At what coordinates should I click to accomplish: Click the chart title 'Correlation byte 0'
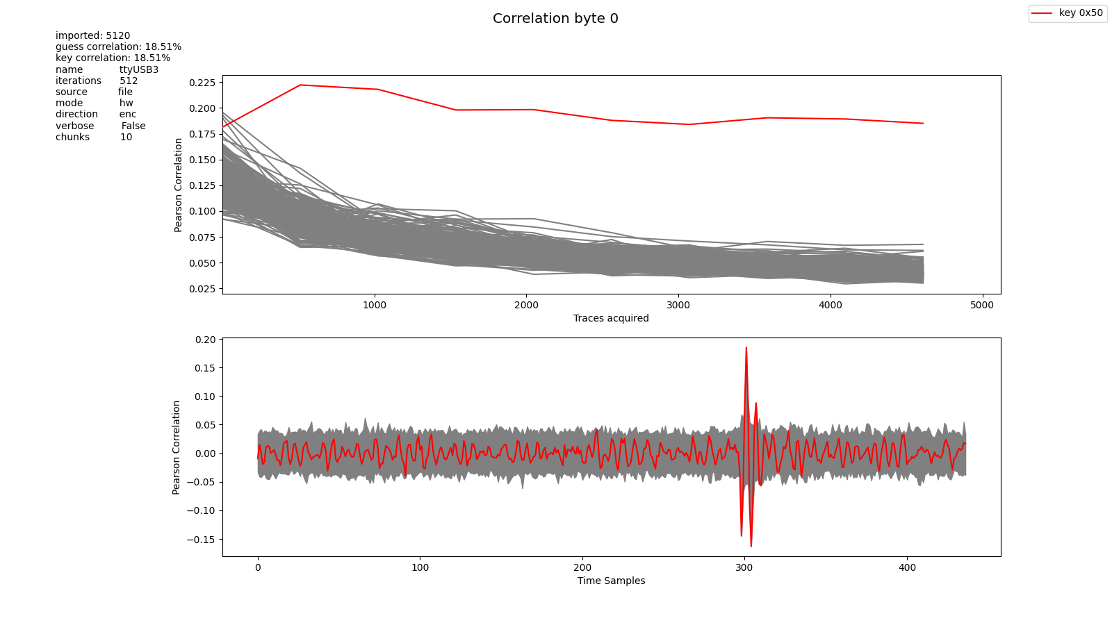click(x=555, y=19)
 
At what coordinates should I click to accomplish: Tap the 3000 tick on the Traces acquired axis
click(x=678, y=305)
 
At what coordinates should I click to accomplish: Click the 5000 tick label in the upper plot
click(x=982, y=305)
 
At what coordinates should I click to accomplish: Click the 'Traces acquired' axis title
click(x=611, y=318)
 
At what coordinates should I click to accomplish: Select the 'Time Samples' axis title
click(x=611, y=581)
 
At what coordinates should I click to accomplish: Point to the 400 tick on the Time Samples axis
click(x=907, y=567)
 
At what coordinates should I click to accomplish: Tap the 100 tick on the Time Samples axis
click(x=420, y=567)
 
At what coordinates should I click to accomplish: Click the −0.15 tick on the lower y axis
click(x=200, y=540)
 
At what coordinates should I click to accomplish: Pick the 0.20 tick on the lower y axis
click(x=205, y=340)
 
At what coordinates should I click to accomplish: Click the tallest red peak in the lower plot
click(x=746, y=348)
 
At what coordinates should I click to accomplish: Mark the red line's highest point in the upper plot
click(x=300, y=85)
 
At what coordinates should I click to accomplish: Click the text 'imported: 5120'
click(x=92, y=35)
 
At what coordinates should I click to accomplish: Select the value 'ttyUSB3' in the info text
click(x=139, y=69)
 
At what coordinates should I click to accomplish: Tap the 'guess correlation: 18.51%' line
click(x=118, y=47)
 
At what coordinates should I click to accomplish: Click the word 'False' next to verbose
click(x=133, y=126)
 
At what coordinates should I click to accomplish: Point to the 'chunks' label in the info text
click(x=72, y=137)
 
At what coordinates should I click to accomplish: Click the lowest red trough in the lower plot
click(x=751, y=546)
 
